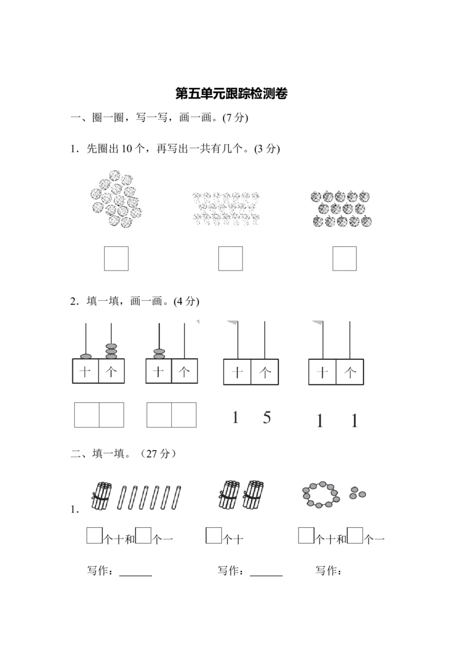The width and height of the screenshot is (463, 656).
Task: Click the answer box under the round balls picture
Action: (x=118, y=258)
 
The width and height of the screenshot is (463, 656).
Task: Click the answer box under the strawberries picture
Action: (x=230, y=258)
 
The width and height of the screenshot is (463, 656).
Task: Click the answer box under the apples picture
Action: (x=344, y=258)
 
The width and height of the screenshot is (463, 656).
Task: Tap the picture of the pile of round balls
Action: (x=116, y=197)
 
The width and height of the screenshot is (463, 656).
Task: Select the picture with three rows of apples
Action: (x=342, y=209)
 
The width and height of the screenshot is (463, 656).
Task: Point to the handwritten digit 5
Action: (x=266, y=417)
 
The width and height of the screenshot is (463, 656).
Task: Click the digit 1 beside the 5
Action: (x=235, y=418)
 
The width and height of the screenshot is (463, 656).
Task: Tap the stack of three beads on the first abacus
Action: (x=111, y=350)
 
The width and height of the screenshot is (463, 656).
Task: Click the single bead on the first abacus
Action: (x=85, y=355)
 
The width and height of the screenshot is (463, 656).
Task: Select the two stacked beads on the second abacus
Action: (x=159, y=352)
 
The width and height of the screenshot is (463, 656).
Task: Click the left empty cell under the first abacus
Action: (x=87, y=415)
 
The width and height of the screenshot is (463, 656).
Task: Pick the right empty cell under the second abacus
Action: (x=185, y=415)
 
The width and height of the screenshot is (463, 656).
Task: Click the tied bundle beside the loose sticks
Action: (x=101, y=496)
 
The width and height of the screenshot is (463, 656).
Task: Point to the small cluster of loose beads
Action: (x=358, y=492)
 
